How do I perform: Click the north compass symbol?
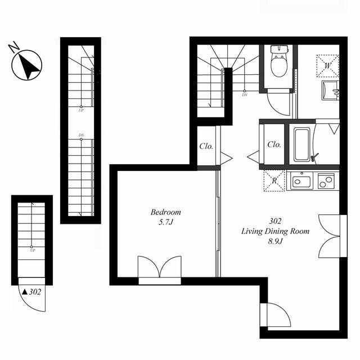(x=27, y=65)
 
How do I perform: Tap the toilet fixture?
(x=279, y=62)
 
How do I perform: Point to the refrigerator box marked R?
(x=274, y=181)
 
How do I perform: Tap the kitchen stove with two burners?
(x=326, y=181)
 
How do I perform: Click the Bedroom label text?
(x=165, y=213)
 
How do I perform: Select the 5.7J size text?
(x=166, y=223)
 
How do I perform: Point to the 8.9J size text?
(x=276, y=242)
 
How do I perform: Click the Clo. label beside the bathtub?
(x=274, y=145)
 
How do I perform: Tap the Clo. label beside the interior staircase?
(x=206, y=147)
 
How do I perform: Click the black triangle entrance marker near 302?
(x=25, y=291)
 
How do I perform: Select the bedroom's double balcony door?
(x=160, y=267)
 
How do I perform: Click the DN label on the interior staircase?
(x=245, y=94)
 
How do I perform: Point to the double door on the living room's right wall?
(x=330, y=235)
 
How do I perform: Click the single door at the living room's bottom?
(x=276, y=314)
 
